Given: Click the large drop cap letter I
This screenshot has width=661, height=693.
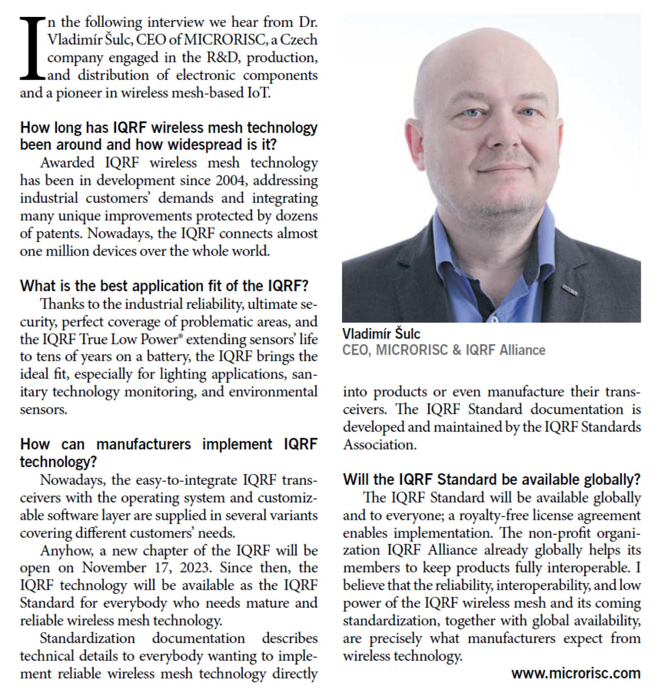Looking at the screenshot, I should coord(32,48).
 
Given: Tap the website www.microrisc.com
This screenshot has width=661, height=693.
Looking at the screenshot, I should coord(576,673).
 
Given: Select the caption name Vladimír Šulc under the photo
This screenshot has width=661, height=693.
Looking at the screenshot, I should coord(381,333).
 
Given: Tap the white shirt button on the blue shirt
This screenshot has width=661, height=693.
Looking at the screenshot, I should coord(492,319).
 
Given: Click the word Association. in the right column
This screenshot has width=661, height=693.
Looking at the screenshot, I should coord(379,444).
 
